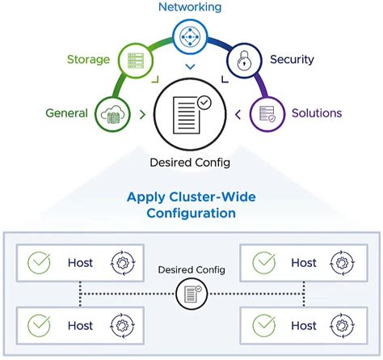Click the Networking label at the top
tap(191, 7)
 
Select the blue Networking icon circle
tap(191, 36)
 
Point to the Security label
tap(293, 60)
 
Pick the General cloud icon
tap(112, 113)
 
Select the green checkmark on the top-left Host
tap(38, 263)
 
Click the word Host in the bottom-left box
tap(80, 325)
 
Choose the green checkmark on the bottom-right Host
tap(263, 325)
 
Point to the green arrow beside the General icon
tap(142, 115)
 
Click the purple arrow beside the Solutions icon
tap(238, 115)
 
